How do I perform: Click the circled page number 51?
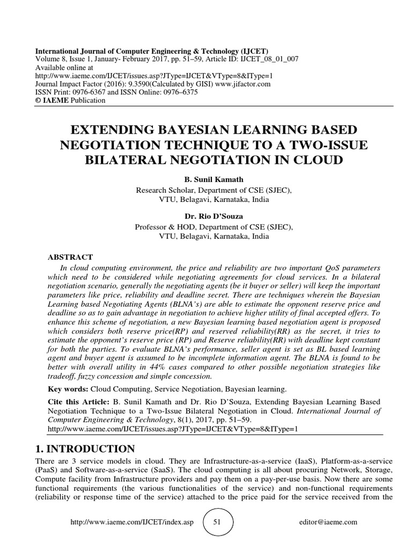tap(218, 522)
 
